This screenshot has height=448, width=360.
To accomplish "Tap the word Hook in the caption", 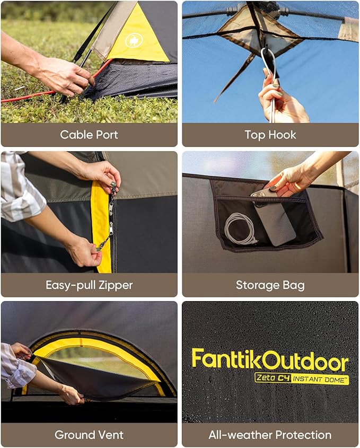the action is (x=283, y=135).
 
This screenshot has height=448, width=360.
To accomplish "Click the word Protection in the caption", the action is (x=304, y=435).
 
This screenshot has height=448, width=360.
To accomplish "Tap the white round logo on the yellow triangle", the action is (x=133, y=40).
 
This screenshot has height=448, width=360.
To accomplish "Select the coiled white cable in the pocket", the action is (x=240, y=229).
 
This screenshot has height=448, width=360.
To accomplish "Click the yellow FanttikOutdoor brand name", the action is (x=270, y=360).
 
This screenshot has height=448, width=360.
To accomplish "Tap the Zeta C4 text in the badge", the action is (x=273, y=378).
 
